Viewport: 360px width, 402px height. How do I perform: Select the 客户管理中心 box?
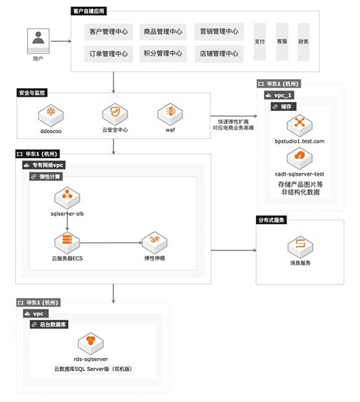tap(109, 32)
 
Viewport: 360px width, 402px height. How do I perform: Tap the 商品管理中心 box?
tap(163, 32)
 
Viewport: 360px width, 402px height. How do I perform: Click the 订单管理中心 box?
tap(109, 54)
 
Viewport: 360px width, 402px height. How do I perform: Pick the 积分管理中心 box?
tap(163, 54)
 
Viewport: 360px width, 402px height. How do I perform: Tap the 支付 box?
tap(260, 43)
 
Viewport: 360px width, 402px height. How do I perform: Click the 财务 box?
tap(304, 43)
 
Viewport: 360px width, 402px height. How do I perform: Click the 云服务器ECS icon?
tap(68, 242)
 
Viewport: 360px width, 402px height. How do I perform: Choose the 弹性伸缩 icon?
tap(154, 242)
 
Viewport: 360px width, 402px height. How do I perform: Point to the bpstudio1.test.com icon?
tap(299, 122)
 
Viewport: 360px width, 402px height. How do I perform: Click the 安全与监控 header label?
tap(32, 93)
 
